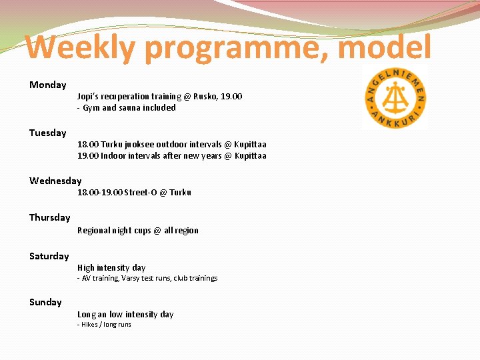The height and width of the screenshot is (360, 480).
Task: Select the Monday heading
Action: click(x=48, y=85)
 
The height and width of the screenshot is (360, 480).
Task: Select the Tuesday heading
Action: click(x=48, y=133)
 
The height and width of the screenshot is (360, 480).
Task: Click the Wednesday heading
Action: click(x=55, y=181)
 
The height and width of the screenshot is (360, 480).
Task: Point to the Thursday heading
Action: click(x=49, y=217)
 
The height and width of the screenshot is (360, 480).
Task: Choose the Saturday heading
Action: click(x=49, y=256)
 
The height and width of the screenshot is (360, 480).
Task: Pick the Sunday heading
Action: click(x=45, y=302)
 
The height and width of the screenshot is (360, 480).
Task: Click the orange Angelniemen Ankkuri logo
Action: click(x=395, y=98)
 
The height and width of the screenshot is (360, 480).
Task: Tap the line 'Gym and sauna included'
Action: click(x=129, y=108)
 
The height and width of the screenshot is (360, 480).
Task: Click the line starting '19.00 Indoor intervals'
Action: click(x=171, y=156)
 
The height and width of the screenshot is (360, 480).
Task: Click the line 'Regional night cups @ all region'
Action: click(x=137, y=231)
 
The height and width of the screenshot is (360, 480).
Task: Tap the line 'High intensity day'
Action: click(x=111, y=268)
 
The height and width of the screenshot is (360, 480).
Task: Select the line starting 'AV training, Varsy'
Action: click(x=149, y=278)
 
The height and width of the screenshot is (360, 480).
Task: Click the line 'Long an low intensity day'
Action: click(x=125, y=315)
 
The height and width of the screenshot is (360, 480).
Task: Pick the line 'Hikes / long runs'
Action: click(x=105, y=325)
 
